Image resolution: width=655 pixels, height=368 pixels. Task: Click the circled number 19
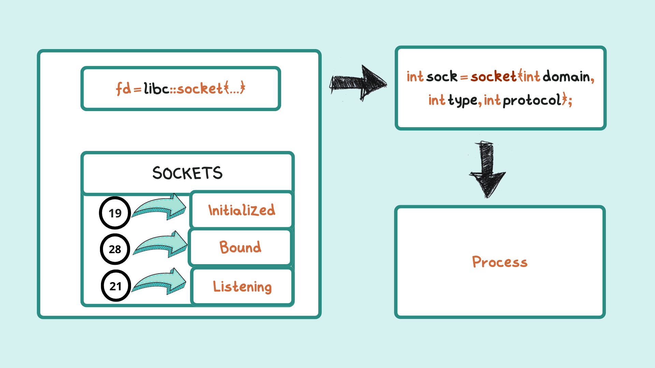pos(115,213)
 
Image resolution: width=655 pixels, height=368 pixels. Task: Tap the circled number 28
pos(115,249)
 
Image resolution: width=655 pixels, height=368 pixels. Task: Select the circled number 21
pos(116,286)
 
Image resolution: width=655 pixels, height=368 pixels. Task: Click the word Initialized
pos(242,210)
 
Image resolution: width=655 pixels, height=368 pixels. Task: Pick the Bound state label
pos(240,247)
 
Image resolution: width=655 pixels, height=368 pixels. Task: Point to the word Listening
pos(242,287)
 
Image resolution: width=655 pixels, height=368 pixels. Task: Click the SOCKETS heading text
pos(187,173)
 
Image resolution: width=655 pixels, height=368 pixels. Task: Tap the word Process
pos(500,262)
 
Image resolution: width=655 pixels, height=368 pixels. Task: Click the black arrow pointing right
pos(358,83)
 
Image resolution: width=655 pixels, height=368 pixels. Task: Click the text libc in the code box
pos(156,89)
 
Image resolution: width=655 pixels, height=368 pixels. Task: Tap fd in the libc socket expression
pos(123,89)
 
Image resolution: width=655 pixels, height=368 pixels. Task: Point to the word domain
pos(566,77)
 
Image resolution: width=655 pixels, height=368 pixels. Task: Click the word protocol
pos(532,100)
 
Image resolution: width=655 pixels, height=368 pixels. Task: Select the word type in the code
pos(463,100)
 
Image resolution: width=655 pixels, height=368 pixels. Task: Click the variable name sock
pos(442,77)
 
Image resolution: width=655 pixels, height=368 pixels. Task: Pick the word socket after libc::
pos(200,89)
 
